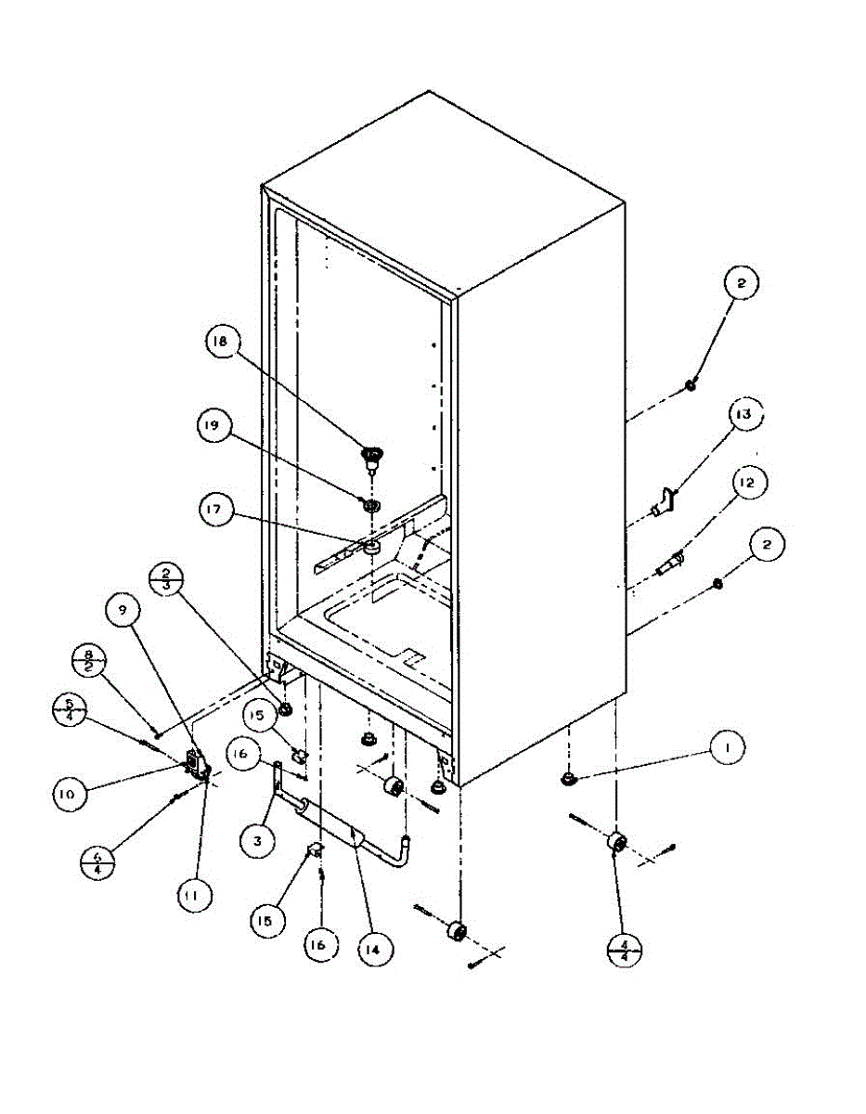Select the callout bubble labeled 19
[x=215, y=427]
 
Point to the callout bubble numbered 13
[x=743, y=415]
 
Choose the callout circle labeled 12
[x=748, y=484]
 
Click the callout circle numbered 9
[x=123, y=610]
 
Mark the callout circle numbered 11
[x=195, y=896]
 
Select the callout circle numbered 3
[x=258, y=842]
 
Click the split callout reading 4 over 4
[x=623, y=949]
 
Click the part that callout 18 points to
[x=372, y=456]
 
